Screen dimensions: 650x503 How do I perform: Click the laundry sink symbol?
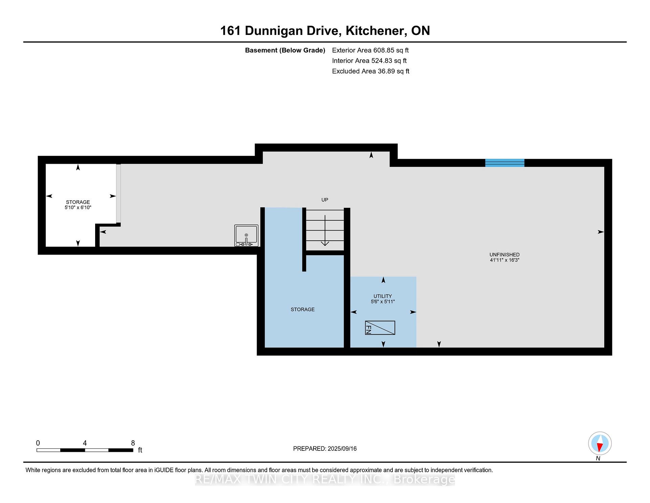pyautogui.click(x=246, y=236)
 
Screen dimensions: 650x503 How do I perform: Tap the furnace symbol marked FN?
pyautogui.click(x=380, y=328)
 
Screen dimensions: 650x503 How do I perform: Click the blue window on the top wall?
pyautogui.click(x=505, y=163)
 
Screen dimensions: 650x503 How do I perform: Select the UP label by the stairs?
pyautogui.click(x=325, y=200)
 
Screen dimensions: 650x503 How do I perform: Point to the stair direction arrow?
pyautogui.click(x=325, y=230)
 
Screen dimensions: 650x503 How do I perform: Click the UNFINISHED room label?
pyautogui.click(x=504, y=255)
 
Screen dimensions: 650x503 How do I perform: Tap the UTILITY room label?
pyautogui.click(x=383, y=296)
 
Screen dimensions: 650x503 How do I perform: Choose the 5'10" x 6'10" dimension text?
pyautogui.click(x=78, y=207)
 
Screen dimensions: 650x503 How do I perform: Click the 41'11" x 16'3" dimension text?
pyautogui.click(x=504, y=260)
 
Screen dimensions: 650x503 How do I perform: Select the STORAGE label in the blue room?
pyautogui.click(x=303, y=309)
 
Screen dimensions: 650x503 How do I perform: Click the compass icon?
pyautogui.click(x=600, y=443)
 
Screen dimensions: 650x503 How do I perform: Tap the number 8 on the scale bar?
pyautogui.click(x=133, y=443)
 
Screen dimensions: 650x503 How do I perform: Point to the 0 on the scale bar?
pyautogui.click(x=38, y=443)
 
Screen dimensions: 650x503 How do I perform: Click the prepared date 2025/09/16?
pyautogui.click(x=342, y=449)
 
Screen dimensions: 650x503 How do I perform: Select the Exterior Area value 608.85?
pyautogui.click(x=384, y=50)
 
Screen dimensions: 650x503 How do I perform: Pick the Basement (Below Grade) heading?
pyautogui.click(x=285, y=51)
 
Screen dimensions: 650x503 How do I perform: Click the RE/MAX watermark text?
pyautogui.click(x=325, y=479)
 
